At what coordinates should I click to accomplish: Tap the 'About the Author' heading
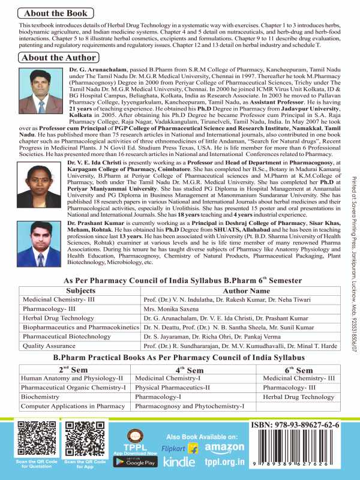click(58, 58)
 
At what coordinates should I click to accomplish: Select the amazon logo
click(224, 448)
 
